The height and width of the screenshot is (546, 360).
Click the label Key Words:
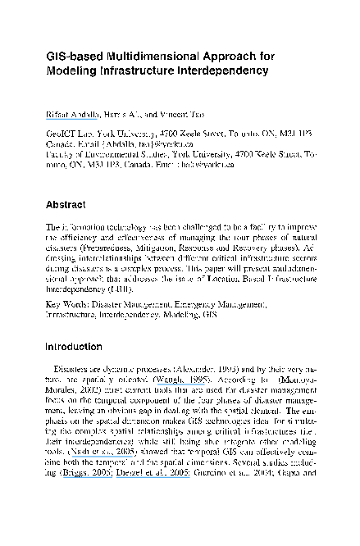pos(67,303)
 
